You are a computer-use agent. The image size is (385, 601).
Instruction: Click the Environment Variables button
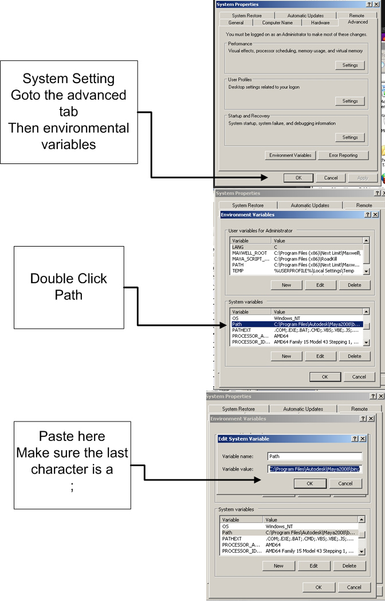(290, 155)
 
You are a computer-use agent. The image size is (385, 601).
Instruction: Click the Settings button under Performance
(350, 65)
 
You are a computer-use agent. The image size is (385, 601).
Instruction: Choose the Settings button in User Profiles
(350, 102)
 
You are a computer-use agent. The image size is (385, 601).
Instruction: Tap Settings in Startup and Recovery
(350, 138)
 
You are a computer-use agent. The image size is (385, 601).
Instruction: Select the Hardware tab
(320, 23)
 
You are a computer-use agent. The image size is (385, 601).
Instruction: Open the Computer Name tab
(277, 23)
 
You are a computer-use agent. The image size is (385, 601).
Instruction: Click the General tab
(235, 23)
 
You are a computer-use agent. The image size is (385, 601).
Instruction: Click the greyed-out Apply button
(363, 178)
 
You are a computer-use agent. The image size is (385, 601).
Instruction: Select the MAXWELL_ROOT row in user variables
(250, 253)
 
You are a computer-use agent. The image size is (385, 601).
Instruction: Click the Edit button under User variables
(320, 285)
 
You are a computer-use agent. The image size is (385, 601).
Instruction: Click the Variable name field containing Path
(315, 456)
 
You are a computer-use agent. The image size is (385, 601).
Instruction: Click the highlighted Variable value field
(315, 469)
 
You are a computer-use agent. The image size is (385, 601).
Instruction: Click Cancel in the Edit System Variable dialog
(345, 483)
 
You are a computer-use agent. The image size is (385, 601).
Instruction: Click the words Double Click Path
(69, 287)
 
